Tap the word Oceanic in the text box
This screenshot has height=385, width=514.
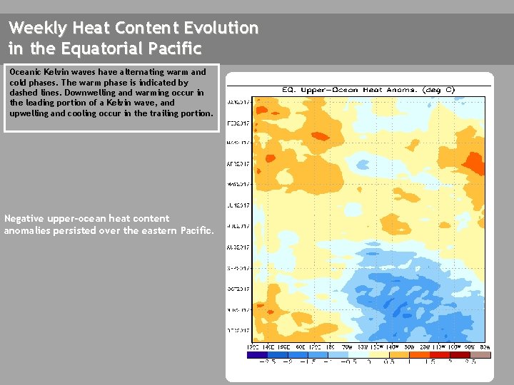(x=24, y=72)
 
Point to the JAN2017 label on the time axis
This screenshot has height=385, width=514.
(x=238, y=101)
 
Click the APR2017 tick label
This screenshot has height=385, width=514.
(x=238, y=164)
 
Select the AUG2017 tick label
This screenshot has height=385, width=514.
(x=238, y=247)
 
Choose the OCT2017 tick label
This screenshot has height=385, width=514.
(x=238, y=289)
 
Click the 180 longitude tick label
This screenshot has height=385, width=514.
(x=331, y=346)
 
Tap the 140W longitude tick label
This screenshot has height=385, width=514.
(x=385, y=346)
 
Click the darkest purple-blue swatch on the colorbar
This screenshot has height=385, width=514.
(x=257, y=354)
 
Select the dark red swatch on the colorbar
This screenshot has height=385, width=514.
(x=459, y=354)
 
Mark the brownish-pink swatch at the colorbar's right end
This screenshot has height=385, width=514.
(x=480, y=354)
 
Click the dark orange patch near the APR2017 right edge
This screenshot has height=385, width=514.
(x=473, y=163)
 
